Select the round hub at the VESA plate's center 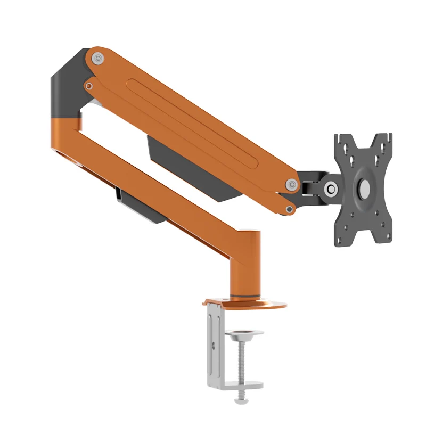tap(365, 187)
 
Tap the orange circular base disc tap(266, 305)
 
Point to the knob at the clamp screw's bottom tap(243, 394)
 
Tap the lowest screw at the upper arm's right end tap(289, 209)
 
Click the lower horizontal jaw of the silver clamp tap(234, 384)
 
